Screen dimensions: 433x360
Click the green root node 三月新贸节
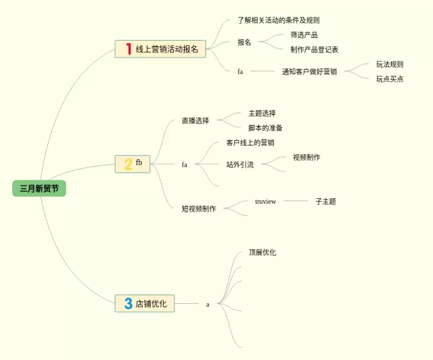coord(39,189)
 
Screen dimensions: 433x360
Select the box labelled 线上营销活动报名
coord(166,49)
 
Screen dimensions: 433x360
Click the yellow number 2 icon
coord(128,164)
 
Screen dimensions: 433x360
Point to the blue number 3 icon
coord(128,304)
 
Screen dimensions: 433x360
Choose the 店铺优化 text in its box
coord(151,304)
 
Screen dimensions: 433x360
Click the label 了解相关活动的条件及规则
coord(278,20)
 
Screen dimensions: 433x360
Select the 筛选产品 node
coord(304,35)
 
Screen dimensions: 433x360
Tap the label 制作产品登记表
coord(315,49)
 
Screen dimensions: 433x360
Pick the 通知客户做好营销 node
coord(309,71)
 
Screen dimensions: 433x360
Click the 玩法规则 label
coord(390,64)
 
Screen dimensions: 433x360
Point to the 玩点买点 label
coord(390,78)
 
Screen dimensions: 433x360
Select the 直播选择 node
coord(196,120)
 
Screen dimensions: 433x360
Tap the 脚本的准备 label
coord(265,127)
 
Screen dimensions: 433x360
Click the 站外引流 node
coord(240,164)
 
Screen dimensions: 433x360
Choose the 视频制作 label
coord(306,157)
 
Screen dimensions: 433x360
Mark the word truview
coord(265,201)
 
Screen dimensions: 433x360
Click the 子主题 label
coord(325,201)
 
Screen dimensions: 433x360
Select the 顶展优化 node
coord(262,252)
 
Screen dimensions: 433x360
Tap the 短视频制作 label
coord(199,208)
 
